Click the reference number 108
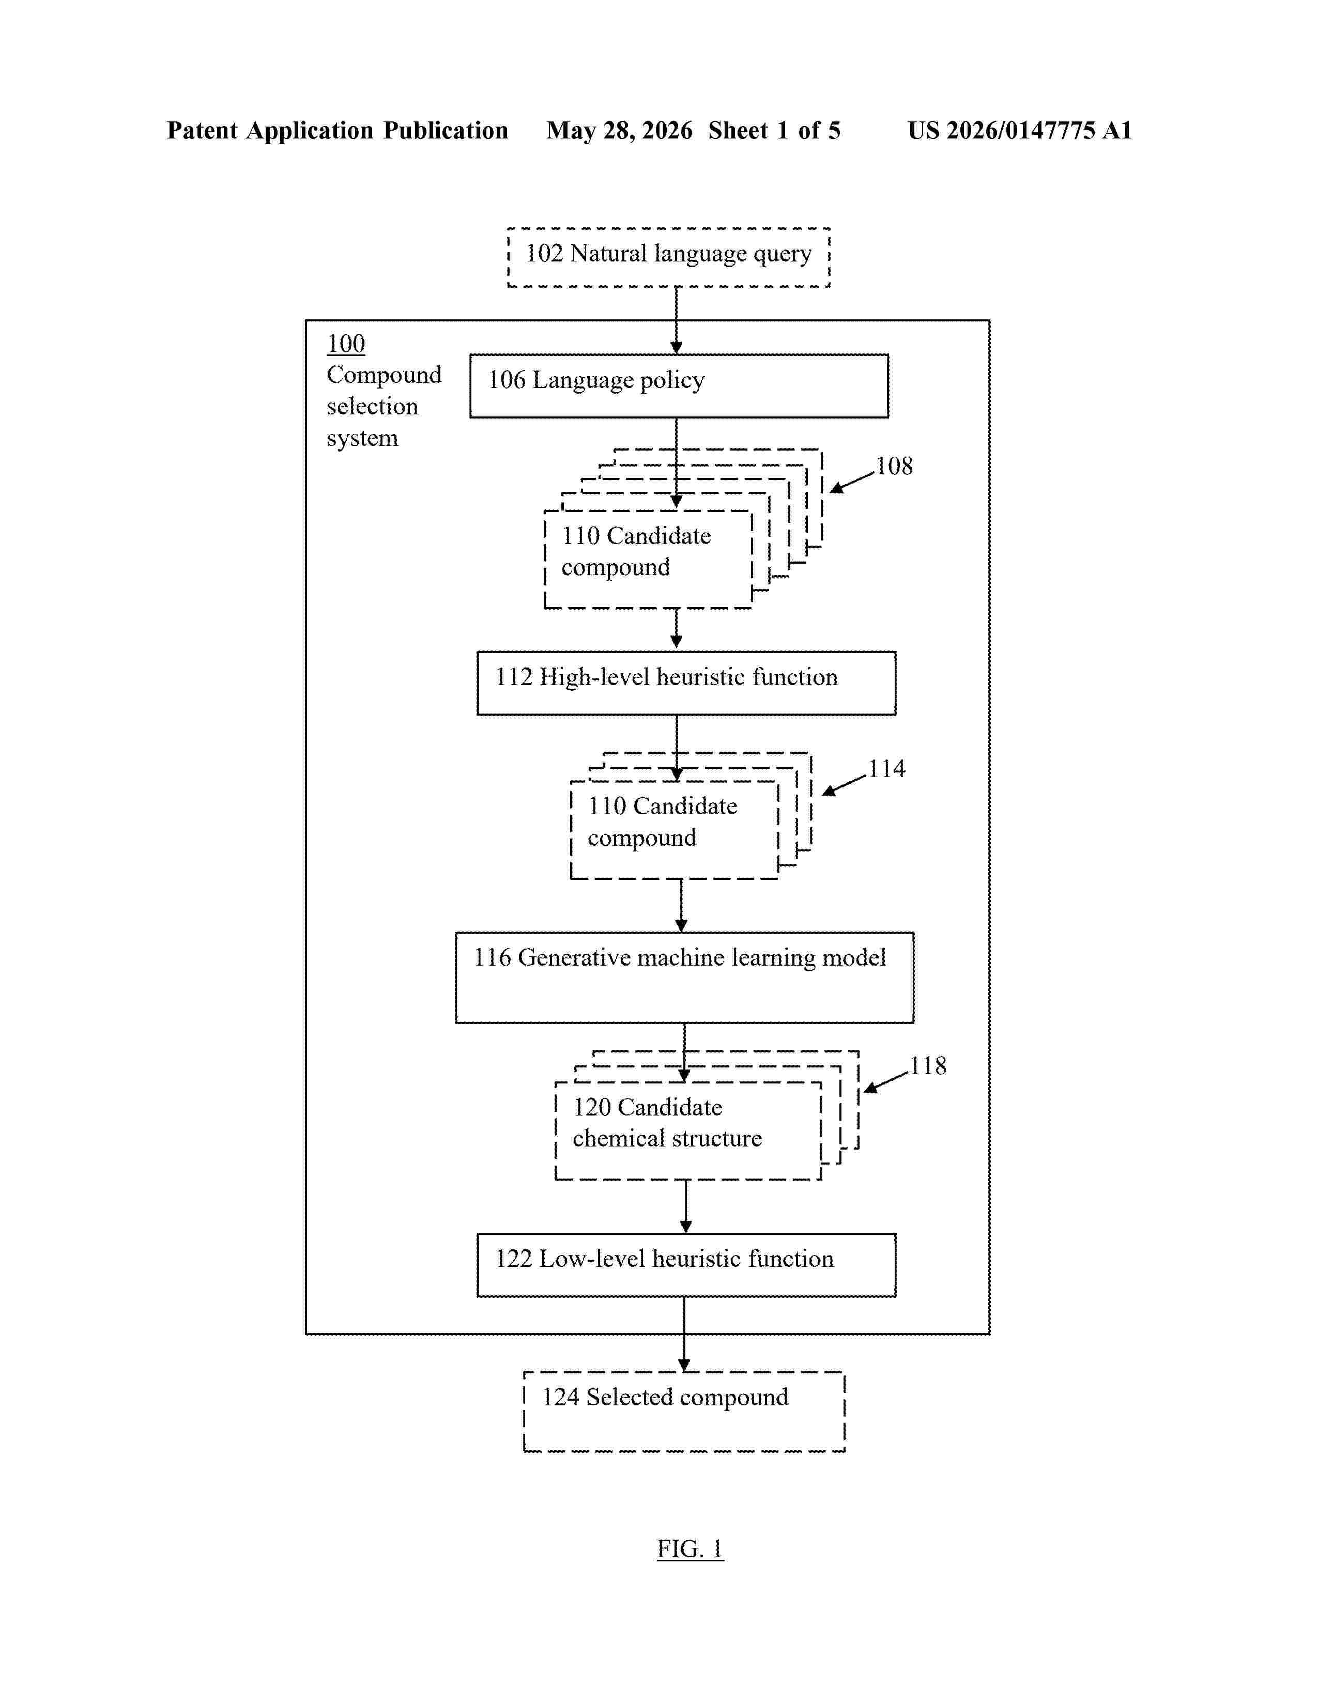(894, 466)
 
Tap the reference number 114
(887, 769)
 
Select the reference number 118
(928, 1065)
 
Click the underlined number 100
(346, 344)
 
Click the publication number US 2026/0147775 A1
(1020, 130)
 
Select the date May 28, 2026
(619, 130)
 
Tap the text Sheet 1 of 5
(775, 130)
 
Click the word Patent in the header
(202, 130)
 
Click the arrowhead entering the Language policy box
(676, 347)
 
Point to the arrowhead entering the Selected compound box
(684, 1365)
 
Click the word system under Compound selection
(362, 439)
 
